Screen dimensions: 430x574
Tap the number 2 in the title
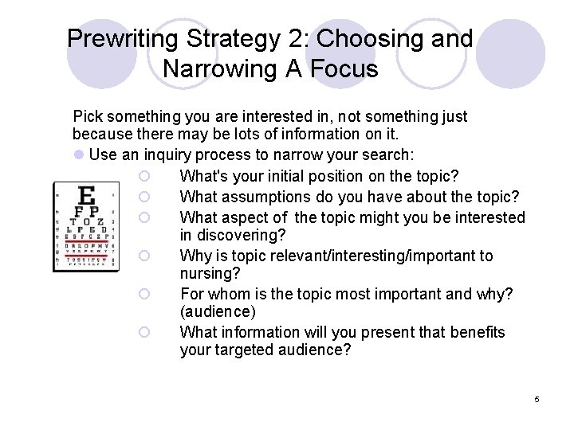coord(291,39)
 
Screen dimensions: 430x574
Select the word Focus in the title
coord(344,69)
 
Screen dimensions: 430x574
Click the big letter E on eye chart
coord(88,194)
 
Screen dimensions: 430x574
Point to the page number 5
coord(537,399)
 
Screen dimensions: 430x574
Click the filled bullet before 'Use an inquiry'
coord(79,154)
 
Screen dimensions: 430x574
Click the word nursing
coord(206,274)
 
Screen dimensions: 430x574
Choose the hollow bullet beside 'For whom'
coord(144,295)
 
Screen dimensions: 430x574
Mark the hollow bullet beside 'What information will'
coord(144,332)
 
